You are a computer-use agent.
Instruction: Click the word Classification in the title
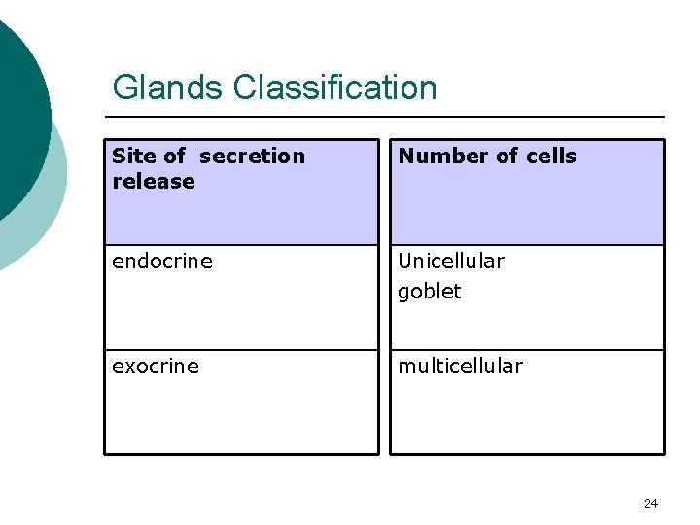click(x=334, y=87)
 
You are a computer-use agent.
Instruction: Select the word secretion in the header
click(x=252, y=156)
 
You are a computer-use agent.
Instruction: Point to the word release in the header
click(x=154, y=182)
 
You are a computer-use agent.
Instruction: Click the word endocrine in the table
click(x=161, y=262)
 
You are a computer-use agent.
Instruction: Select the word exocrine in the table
click(x=156, y=367)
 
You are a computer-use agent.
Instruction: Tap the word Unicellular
click(x=451, y=262)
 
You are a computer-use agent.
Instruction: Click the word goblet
click(x=429, y=292)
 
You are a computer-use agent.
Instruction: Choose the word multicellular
click(x=460, y=367)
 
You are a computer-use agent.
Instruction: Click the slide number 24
click(x=650, y=503)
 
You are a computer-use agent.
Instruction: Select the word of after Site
click(x=175, y=156)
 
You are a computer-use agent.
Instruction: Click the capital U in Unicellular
click(x=405, y=262)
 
